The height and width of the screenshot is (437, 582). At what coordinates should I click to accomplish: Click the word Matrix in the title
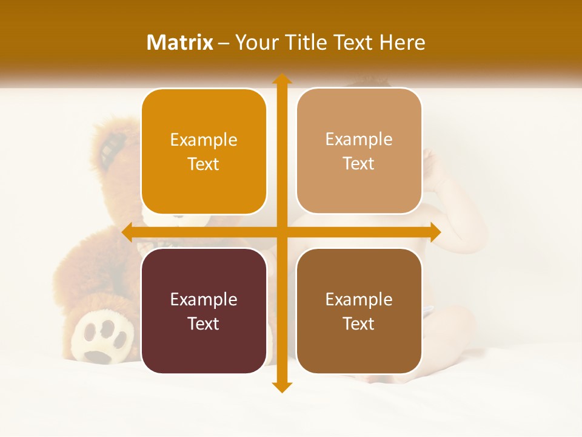[180, 42]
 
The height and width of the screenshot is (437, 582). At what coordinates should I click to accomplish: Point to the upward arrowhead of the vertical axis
[281, 80]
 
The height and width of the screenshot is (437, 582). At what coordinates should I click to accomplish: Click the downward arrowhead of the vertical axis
[281, 387]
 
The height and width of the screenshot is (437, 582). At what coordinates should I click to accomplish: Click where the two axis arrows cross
[281, 232]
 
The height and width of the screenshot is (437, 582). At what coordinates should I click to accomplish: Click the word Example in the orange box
[204, 140]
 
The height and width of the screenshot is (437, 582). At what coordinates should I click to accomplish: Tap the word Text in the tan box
[359, 164]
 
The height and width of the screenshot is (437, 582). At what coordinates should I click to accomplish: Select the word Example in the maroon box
[204, 299]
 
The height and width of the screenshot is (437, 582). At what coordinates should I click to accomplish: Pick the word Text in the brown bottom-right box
[359, 324]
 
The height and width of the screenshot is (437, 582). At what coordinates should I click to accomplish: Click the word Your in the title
[254, 42]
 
